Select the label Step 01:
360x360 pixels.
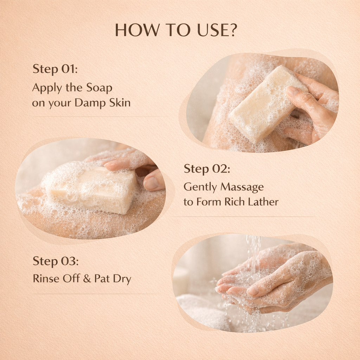[55, 69]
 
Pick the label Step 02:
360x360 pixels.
[207, 169]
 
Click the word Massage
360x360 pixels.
[242, 187]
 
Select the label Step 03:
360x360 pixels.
[56, 261]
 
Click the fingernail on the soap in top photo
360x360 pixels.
[293, 91]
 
